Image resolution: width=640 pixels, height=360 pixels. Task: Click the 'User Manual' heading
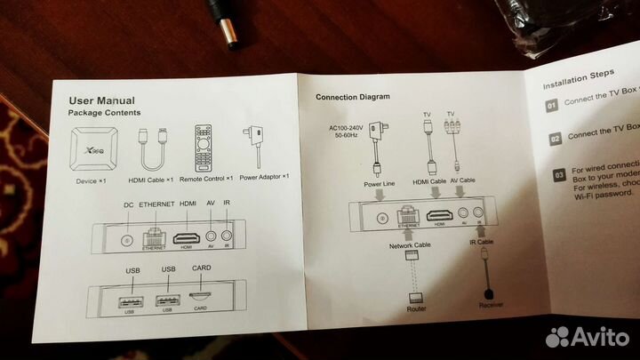[x=102, y=100]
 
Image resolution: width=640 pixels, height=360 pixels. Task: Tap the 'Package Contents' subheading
[x=104, y=114]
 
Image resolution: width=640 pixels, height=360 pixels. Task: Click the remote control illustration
[x=204, y=146]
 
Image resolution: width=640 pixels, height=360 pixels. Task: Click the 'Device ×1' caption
[x=91, y=182]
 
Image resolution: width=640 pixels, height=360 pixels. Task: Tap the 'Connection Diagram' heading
[x=352, y=96]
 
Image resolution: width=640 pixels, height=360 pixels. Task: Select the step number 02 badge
[x=553, y=139]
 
